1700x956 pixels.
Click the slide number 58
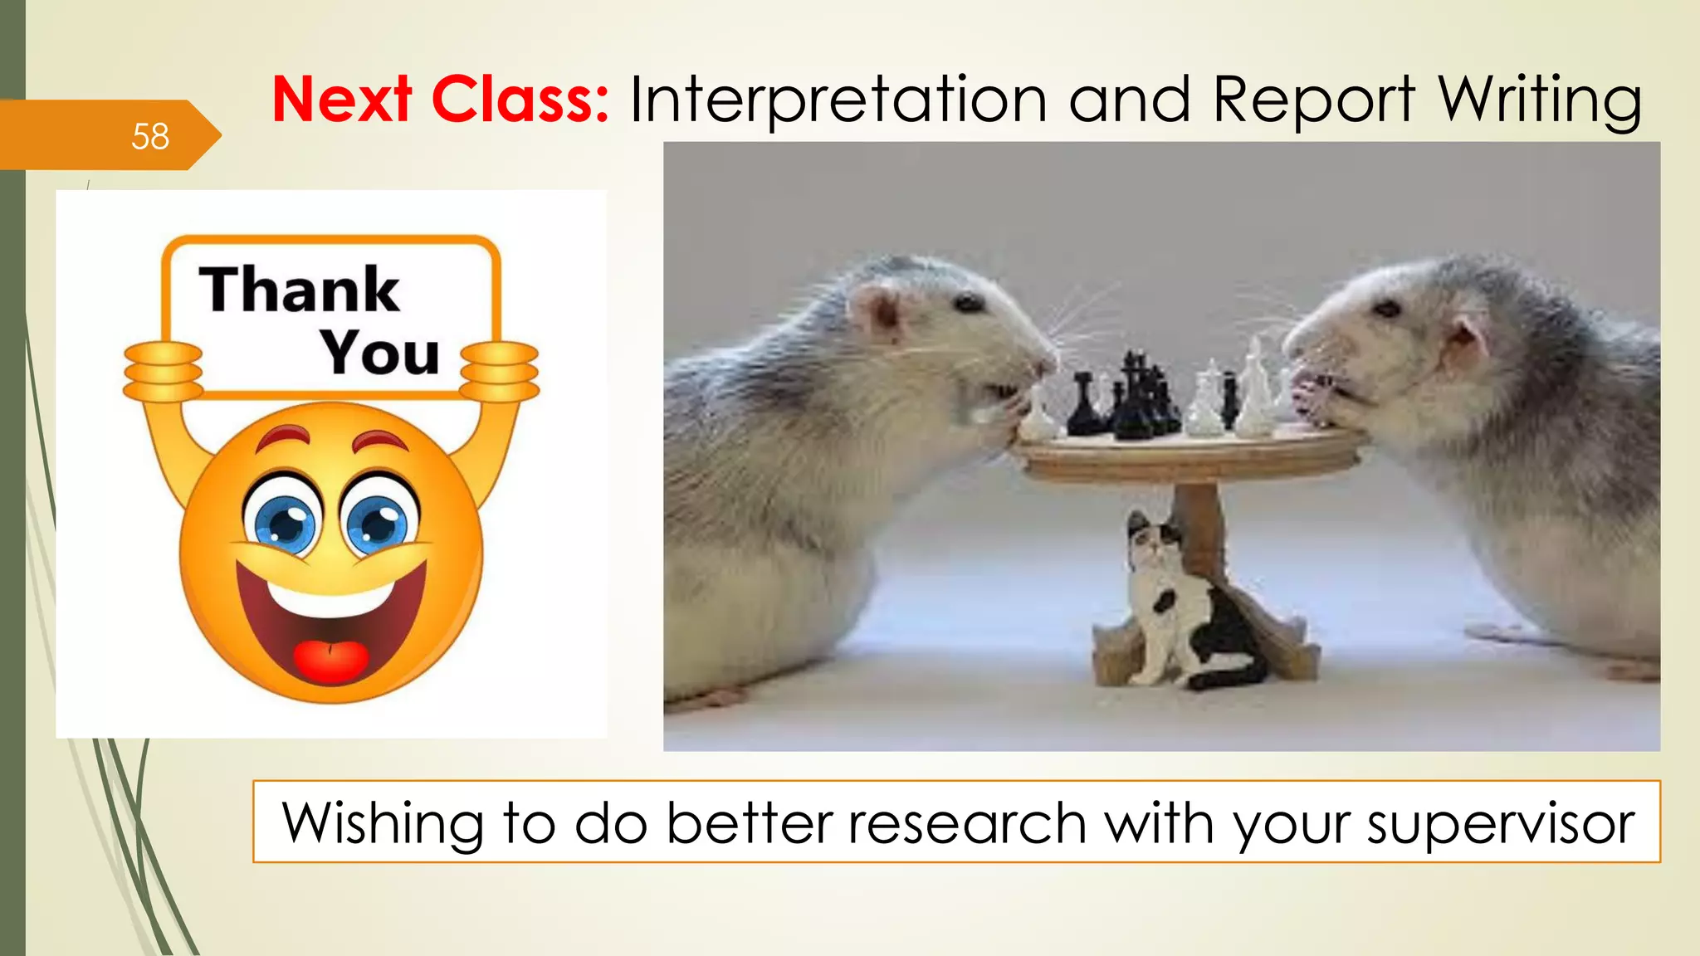pos(150,136)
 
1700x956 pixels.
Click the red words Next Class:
pos(441,100)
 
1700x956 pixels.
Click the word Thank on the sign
pos(300,290)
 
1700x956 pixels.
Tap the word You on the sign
pos(380,353)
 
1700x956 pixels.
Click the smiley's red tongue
pos(331,660)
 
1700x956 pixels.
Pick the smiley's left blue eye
pos(284,522)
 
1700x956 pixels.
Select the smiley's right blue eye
pos(379,522)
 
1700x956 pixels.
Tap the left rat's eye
pos(968,304)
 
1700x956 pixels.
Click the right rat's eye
pos(1387,310)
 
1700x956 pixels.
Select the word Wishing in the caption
pos(383,824)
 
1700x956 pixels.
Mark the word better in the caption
pos(750,824)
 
